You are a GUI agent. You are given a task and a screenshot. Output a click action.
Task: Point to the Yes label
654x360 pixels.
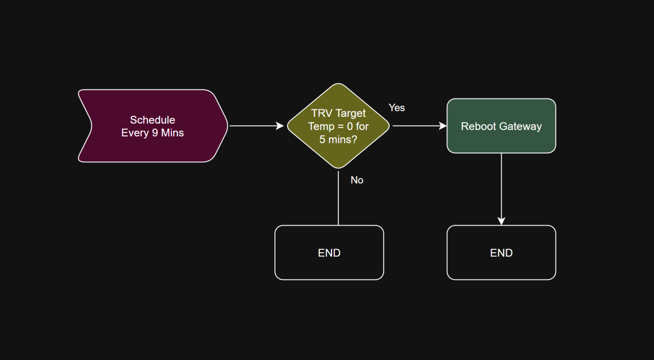[396, 108]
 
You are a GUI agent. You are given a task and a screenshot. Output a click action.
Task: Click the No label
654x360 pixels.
[357, 180]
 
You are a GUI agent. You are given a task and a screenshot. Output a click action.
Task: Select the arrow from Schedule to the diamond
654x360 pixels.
[255, 126]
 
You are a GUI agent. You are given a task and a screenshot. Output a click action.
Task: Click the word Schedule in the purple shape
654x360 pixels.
[152, 120]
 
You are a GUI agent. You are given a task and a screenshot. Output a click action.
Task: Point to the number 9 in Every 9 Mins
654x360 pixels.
[155, 133]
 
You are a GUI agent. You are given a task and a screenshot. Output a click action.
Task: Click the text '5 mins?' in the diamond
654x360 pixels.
[338, 139]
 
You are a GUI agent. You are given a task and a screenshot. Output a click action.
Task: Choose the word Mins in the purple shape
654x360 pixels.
[172, 133]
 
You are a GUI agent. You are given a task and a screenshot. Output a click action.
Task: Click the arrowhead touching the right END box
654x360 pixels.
[501, 221]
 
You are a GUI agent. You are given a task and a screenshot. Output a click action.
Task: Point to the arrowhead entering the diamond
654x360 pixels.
[279, 126]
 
